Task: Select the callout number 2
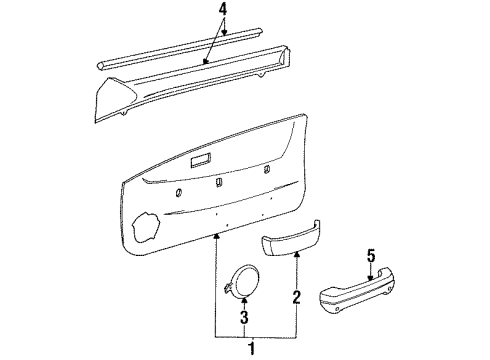(x=295, y=296)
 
